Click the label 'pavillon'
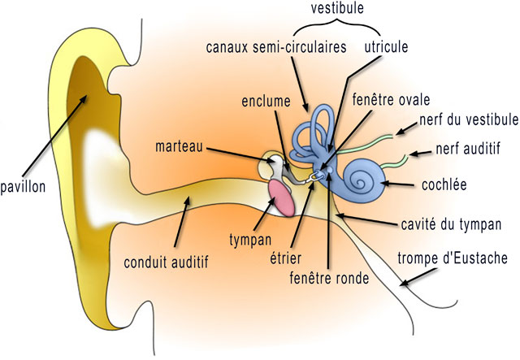[x=24, y=187]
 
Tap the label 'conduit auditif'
[x=167, y=262]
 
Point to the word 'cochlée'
[x=444, y=184]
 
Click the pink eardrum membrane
[x=281, y=197]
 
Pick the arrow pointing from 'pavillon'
[x=57, y=133]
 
